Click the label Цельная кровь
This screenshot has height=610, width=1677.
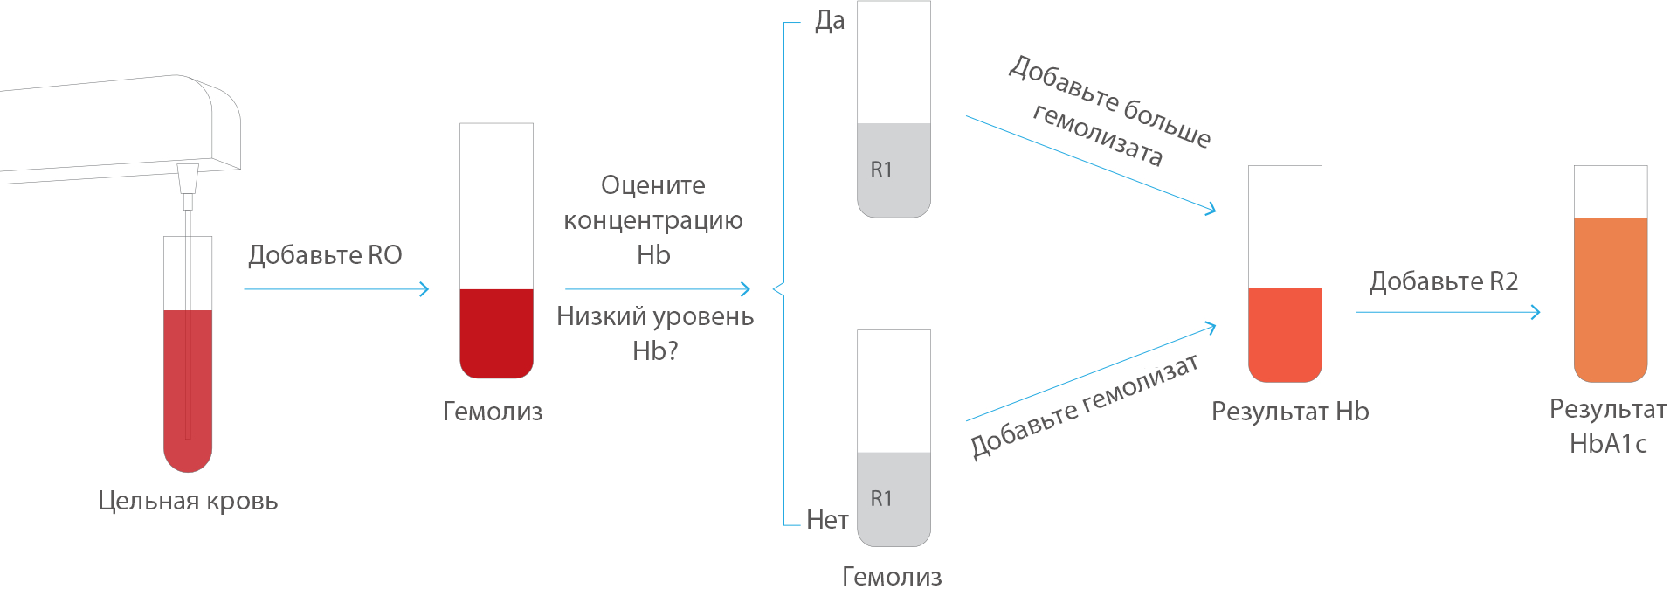188,502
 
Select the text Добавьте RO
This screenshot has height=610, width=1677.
325,255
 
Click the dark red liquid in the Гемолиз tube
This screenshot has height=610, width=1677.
496,333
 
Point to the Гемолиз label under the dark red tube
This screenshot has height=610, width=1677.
493,412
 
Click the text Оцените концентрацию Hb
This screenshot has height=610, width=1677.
653,220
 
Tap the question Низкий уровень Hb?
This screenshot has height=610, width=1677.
655,333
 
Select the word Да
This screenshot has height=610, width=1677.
830,21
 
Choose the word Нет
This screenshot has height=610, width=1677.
827,520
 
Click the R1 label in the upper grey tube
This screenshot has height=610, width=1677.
881,170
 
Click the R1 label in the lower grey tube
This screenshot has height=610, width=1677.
881,499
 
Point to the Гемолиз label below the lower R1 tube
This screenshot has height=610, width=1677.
892,577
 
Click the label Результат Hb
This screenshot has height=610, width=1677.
1290,412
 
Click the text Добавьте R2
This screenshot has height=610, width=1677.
1444,281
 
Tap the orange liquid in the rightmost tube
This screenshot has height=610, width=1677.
1611,300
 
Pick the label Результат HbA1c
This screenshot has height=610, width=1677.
1608,426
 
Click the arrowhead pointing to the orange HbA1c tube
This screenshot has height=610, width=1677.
1536,312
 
